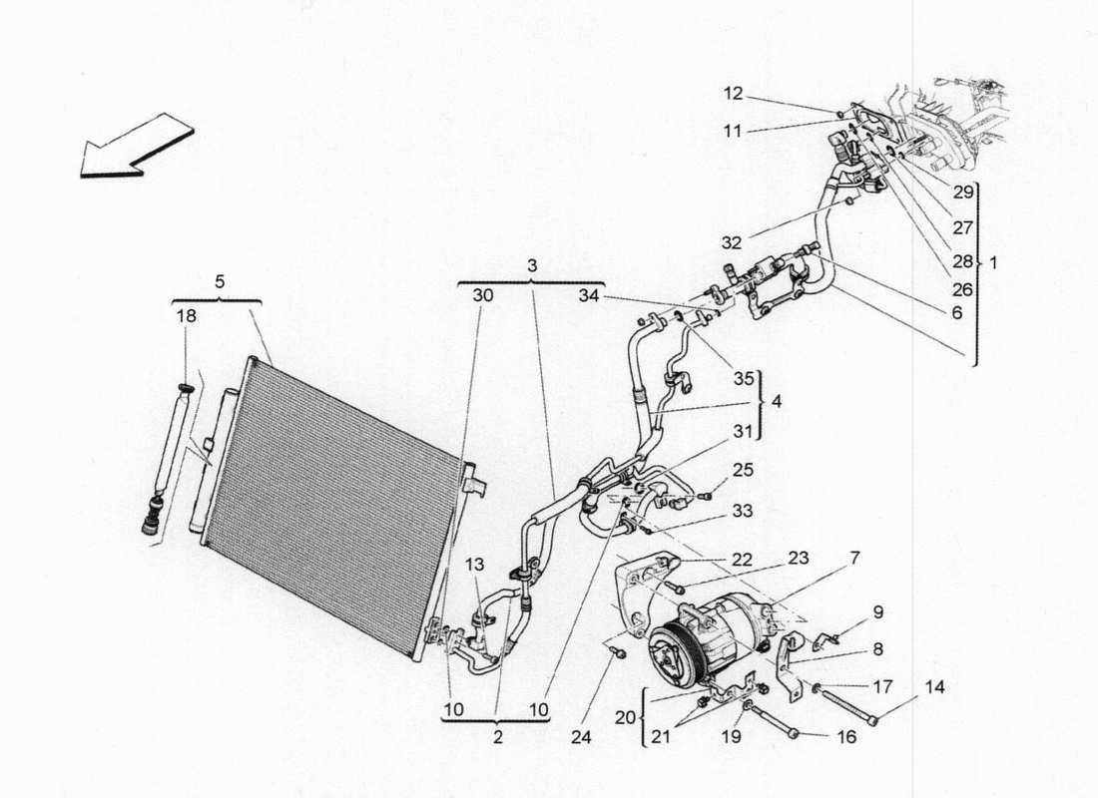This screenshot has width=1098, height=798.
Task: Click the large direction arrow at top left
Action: [135, 146]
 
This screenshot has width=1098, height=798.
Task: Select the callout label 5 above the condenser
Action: [220, 282]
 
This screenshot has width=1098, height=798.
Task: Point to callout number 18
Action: [188, 315]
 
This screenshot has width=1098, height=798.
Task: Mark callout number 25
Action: [743, 469]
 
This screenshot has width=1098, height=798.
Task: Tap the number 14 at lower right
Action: [932, 687]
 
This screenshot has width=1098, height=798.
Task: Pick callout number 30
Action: [483, 295]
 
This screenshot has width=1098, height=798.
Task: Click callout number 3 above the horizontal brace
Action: [532, 265]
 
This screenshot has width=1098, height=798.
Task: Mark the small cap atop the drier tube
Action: [186, 386]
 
